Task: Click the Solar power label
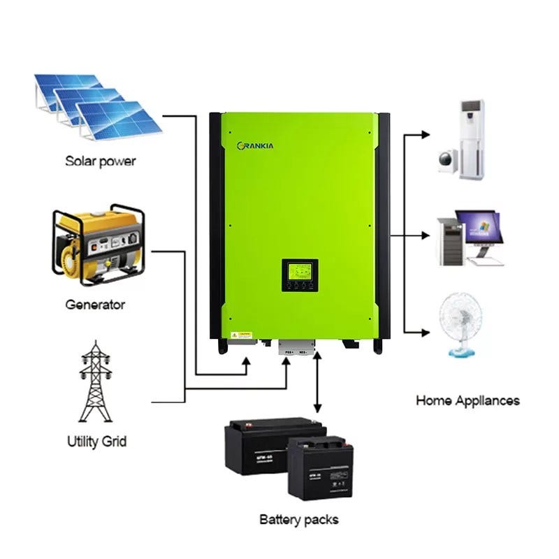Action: coord(101,161)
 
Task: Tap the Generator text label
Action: coord(95,305)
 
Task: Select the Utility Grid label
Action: coord(97,442)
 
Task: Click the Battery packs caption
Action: coord(299,520)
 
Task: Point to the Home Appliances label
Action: coord(467,401)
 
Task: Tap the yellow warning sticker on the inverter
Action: coord(245,335)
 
